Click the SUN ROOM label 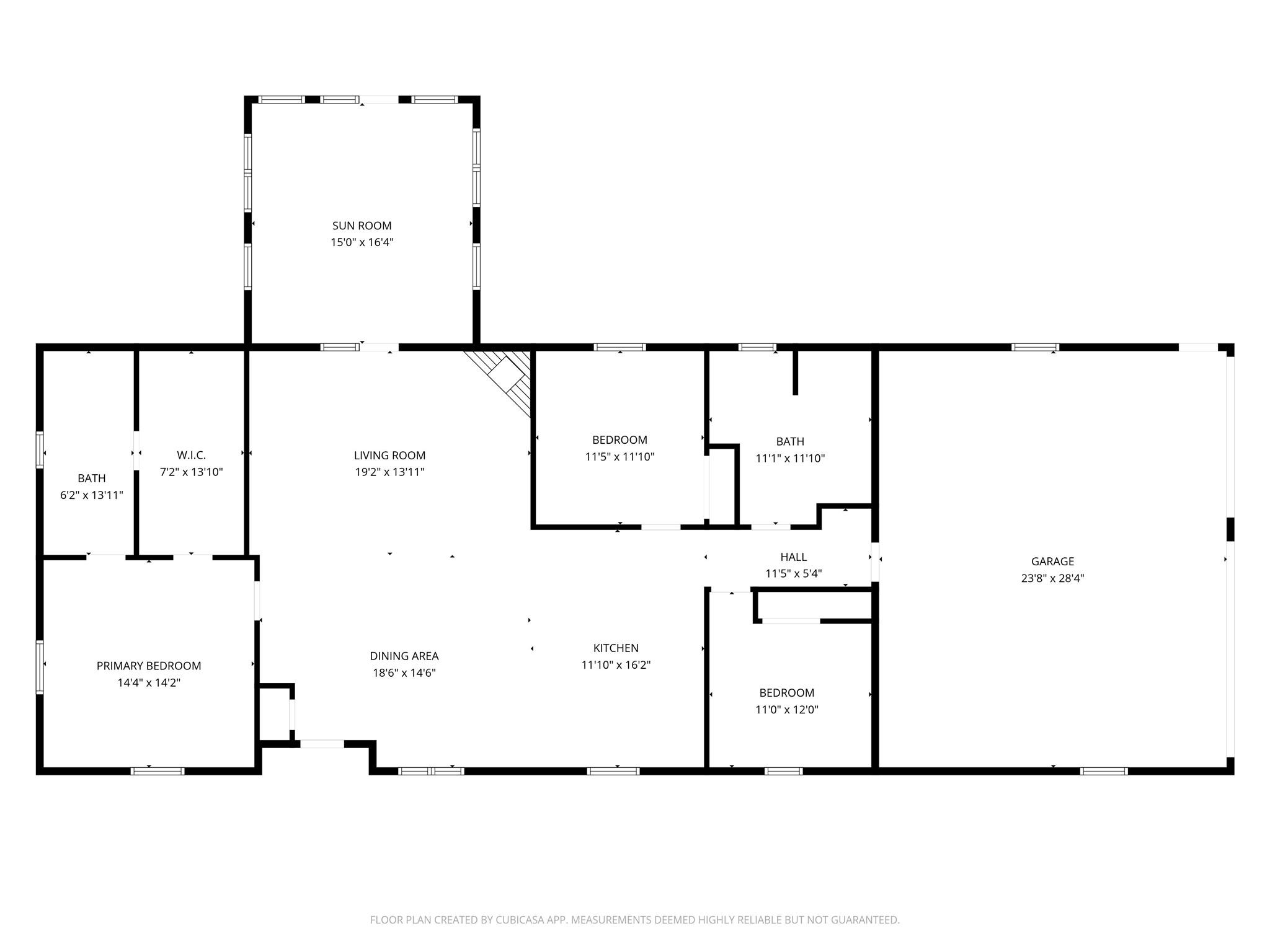362,226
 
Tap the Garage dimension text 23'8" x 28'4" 1052,578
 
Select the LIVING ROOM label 389,456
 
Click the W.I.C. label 191,456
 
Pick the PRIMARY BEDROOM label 149,666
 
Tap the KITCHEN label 616,648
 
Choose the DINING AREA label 404,656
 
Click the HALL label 794,557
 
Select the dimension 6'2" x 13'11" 92,495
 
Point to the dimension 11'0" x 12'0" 787,710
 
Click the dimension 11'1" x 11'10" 790,459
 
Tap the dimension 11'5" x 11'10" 619,457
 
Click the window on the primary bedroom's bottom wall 158,771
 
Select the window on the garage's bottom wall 1104,771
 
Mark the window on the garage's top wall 1035,347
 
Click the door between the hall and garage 875,562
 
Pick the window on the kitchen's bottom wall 613,771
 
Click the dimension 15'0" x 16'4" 362,242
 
